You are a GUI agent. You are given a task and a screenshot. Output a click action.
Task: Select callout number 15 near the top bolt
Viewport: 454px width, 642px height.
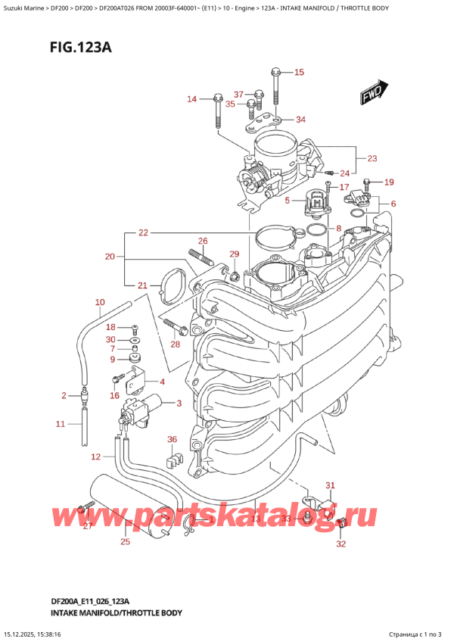tap(298, 73)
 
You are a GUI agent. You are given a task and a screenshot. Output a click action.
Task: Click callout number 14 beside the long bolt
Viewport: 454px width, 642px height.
tap(191, 99)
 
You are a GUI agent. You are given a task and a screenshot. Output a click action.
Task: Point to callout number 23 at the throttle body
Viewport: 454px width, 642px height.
tap(372, 159)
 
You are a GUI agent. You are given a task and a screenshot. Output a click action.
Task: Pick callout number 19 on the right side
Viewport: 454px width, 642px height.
tap(389, 182)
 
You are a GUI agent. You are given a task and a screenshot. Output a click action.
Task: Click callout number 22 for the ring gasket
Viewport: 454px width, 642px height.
tap(143, 233)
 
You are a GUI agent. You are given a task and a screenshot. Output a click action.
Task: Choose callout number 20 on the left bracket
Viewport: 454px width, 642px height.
tap(110, 257)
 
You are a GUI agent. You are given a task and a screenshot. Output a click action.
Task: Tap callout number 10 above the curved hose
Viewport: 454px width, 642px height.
tap(99, 303)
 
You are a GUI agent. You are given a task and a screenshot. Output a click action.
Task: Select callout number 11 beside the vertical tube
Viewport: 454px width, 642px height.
tap(61, 424)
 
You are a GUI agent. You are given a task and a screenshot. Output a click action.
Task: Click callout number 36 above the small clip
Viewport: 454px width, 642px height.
tap(172, 439)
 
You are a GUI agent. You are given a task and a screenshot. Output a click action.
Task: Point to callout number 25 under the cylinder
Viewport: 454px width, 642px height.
tap(126, 541)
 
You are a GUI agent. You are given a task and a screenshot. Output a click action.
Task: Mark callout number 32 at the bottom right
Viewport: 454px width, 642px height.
tap(340, 544)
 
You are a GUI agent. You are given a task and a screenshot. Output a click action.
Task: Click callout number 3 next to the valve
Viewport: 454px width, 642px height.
tap(179, 403)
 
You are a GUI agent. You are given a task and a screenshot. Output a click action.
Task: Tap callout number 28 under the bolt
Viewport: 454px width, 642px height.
tap(176, 345)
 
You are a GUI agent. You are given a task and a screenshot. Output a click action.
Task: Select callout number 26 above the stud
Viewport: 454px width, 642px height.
tap(202, 242)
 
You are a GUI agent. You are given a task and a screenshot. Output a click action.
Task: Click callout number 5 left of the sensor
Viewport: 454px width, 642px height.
tap(287, 201)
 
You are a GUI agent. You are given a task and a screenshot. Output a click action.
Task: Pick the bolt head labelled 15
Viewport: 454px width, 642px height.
tap(275, 73)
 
